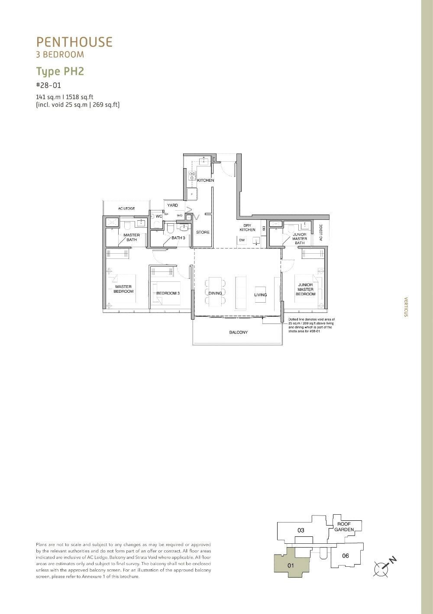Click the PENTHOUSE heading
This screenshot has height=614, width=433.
(74, 42)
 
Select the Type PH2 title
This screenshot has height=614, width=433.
(60, 71)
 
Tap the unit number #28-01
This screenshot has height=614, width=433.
(48, 85)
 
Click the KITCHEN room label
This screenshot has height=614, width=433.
(205, 180)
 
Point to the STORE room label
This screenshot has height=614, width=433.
(203, 232)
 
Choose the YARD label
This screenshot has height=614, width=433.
(172, 206)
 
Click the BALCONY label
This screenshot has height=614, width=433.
(239, 333)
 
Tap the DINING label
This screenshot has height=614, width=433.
(215, 294)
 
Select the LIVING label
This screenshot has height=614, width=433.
(261, 295)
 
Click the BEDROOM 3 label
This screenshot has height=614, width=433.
(168, 294)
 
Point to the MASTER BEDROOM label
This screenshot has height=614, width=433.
(123, 289)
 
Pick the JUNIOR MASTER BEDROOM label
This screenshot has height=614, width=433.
(305, 290)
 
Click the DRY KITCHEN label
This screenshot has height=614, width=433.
(248, 228)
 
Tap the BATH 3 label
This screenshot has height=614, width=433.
(178, 238)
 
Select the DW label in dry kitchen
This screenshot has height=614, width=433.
(242, 240)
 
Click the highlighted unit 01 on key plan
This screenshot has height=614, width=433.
(291, 565)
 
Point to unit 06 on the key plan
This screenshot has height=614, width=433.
(345, 556)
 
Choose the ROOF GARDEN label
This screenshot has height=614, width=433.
(344, 527)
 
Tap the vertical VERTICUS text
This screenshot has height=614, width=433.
(406, 307)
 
